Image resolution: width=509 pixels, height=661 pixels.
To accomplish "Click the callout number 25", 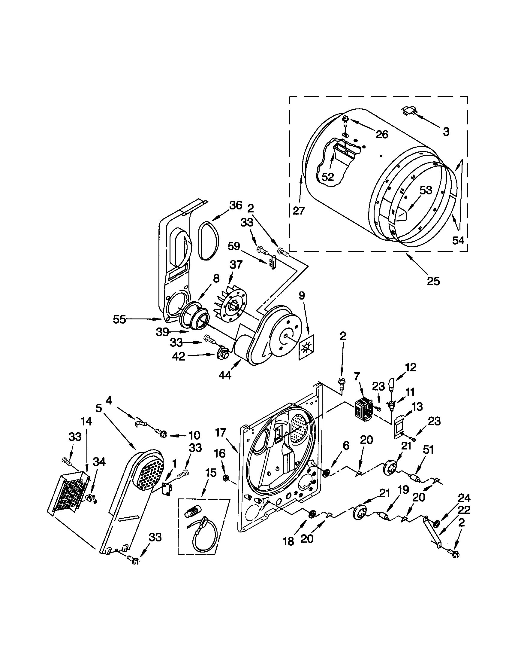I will click(433, 281).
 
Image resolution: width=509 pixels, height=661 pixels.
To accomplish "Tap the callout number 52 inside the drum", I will click(328, 177).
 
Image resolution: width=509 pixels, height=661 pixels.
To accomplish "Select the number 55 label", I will click(119, 319).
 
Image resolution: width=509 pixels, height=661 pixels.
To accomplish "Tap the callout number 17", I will click(221, 433).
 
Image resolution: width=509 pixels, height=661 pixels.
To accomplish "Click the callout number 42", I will click(178, 356).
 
